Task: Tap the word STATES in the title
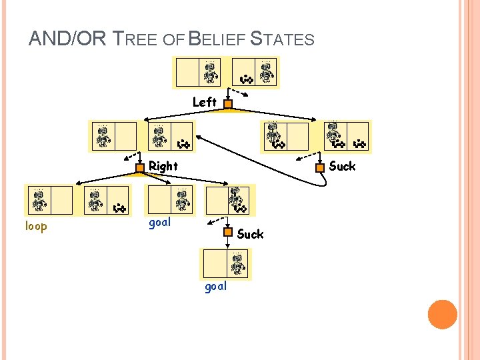click(283, 39)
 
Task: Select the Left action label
click(204, 102)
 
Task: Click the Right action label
click(163, 165)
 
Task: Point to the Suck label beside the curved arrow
click(342, 166)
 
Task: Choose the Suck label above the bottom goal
click(250, 234)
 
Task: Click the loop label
click(36, 226)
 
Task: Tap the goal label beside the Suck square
click(159, 223)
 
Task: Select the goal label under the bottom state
click(215, 286)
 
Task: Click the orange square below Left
click(227, 104)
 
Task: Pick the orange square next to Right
click(140, 168)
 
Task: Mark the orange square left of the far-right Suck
click(320, 168)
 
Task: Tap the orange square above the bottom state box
click(227, 233)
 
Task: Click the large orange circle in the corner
click(442, 315)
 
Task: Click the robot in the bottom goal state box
click(237, 263)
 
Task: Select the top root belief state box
click(226, 73)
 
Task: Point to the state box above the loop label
click(49, 200)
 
